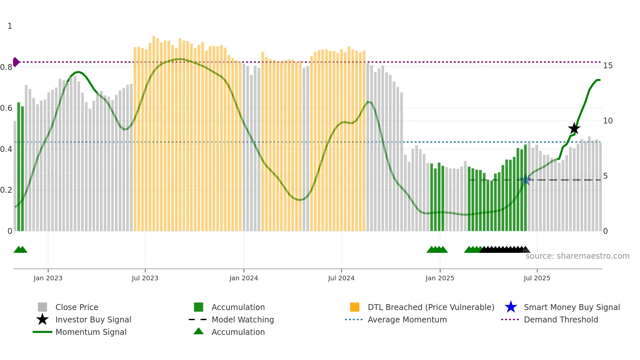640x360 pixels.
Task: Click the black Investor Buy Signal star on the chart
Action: [x=574, y=128]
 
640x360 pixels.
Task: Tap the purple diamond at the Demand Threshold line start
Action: [x=16, y=62]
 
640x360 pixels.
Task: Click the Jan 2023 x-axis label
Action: [x=48, y=278]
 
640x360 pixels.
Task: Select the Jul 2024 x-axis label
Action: [x=341, y=278]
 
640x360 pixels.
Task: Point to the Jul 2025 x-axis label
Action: [x=537, y=278]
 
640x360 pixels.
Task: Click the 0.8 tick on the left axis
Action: [x=6, y=67]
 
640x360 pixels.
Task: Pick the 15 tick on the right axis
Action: [x=608, y=66]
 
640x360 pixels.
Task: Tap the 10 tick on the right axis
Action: [x=608, y=121]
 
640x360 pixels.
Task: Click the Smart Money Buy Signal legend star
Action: [x=511, y=307]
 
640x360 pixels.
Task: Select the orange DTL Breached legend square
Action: [x=355, y=307]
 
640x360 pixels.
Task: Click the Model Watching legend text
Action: [x=243, y=319]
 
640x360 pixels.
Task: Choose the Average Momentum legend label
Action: [x=407, y=319]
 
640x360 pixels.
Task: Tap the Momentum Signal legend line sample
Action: [x=42, y=332]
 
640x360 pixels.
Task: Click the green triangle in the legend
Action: [x=199, y=331]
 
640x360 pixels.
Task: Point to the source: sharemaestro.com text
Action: [x=577, y=256]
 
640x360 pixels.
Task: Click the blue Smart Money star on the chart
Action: [x=525, y=180]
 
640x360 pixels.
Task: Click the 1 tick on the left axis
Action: [x=10, y=26]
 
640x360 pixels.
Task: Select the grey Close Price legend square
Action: [x=42, y=307]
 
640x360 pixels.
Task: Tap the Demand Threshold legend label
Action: [x=561, y=319]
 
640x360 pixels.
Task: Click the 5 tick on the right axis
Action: [x=605, y=176]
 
